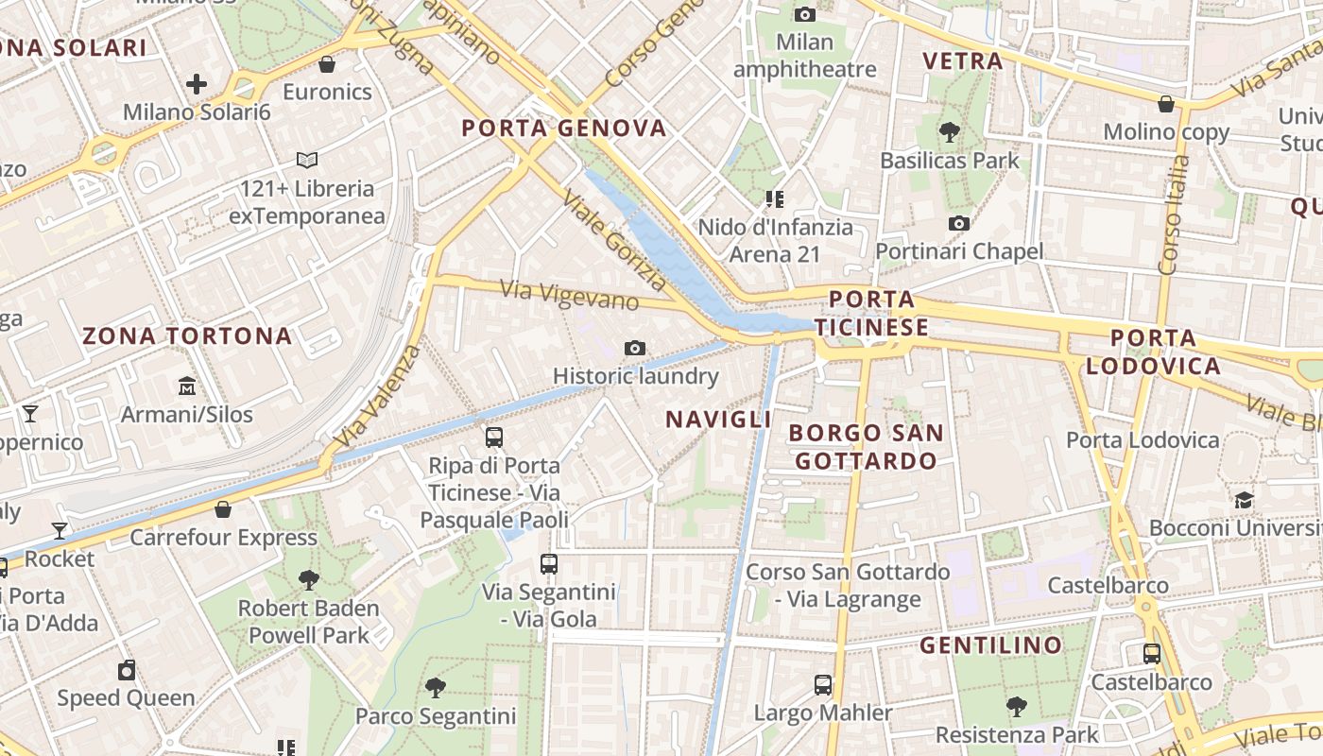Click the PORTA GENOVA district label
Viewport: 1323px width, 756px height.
pyautogui.click(x=564, y=129)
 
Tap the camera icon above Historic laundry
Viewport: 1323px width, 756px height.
pyautogui.click(x=635, y=349)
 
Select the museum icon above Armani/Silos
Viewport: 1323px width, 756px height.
pyautogui.click(x=187, y=387)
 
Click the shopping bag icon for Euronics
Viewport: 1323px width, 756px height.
pyautogui.click(x=327, y=64)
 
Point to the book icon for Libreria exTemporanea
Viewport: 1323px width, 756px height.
pyautogui.click(x=307, y=161)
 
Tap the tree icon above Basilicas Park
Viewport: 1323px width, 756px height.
pyautogui.click(x=950, y=133)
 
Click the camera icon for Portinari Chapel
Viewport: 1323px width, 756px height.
pyautogui.click(x=959, y=224)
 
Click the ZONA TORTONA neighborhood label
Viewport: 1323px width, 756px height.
pyautogui.click(x=187, y=335)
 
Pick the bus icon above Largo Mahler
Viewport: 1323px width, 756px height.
pyautogui.click(x=823, y=685)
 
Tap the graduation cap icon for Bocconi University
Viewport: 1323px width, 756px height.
pyautogui.click(x=1244, y=500)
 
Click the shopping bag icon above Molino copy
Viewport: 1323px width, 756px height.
pyautogui.click(x=1166, y=104)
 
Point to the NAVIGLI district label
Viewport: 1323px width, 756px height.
pyautogui.click(x=719, y=420)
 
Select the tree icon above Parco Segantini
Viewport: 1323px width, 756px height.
pyautogui.click(x=436, y=688)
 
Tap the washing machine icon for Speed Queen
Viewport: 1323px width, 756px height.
pyautogui.click(x=127, y=670)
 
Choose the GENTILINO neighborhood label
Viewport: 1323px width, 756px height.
pyautogui.click(x=990, y=645)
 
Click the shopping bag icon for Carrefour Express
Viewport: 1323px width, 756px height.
pyautogui.click(x=223, y=509)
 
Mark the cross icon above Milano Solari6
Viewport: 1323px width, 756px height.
pyautogui.click(x=197, y=84)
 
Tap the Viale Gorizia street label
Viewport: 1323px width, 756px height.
pyautogui.click(x=614, y=239)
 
